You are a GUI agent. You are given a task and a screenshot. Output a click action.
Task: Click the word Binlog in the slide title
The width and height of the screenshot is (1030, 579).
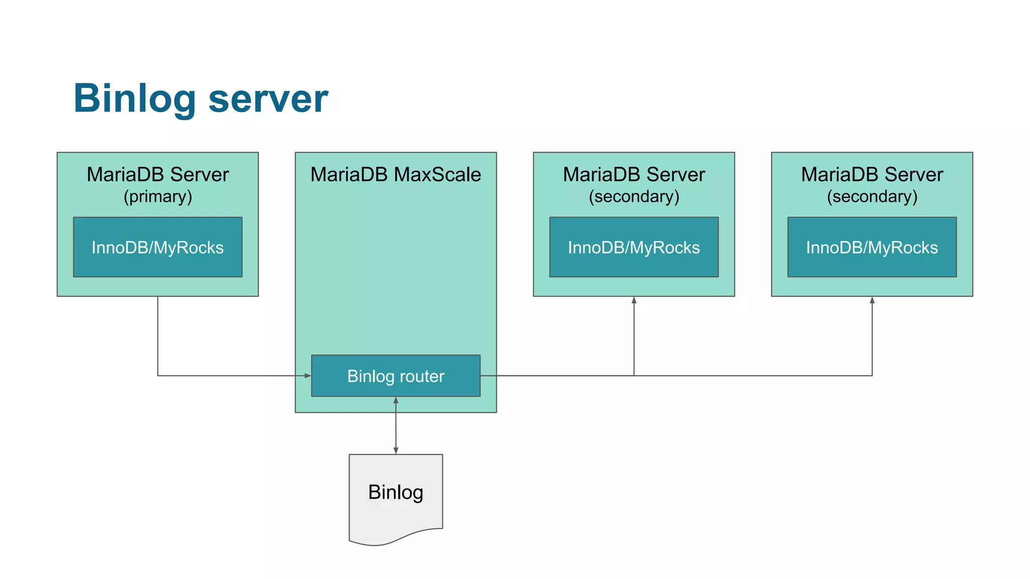coord(134,99)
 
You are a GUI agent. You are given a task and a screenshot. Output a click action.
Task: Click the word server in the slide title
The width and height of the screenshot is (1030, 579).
coord(268,99)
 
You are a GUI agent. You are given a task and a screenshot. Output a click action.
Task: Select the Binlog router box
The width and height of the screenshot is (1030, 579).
coord(396,376)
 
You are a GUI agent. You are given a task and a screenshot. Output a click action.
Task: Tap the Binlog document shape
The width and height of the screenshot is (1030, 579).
coord(396,495)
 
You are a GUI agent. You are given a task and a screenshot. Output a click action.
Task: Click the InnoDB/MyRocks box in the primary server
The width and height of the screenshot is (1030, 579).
coord(157,247)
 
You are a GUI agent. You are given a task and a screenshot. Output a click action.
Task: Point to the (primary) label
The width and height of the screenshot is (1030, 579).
coord(157,197)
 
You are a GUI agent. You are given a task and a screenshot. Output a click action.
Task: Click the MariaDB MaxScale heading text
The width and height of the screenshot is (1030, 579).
coord(396,174)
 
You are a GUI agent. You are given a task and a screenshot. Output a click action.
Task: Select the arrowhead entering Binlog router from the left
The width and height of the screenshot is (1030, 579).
coord(308,375)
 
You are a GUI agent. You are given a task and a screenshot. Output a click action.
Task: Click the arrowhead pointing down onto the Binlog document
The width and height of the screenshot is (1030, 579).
coord(396,451)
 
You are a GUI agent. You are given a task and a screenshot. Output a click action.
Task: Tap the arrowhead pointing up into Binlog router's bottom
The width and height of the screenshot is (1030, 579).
coord(396,401)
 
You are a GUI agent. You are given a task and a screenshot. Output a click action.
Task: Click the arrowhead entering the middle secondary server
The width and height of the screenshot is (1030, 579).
coord(634,300)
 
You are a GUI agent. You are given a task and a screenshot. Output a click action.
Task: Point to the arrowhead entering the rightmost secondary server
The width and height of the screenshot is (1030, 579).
coord(872,300)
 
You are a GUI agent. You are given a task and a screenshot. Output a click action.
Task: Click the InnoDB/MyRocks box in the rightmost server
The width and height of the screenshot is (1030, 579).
coord(872,247)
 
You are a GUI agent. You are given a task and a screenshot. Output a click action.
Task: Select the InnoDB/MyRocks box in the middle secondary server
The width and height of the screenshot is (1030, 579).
coord(634,247)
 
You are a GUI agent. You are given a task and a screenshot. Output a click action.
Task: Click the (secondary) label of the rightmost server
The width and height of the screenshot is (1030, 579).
coord(872,197)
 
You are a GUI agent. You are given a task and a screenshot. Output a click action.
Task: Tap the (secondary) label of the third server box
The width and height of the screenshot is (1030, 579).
coord(634,197)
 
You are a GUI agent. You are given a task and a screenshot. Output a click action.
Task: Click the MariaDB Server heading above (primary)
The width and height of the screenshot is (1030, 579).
coord(157,174)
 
